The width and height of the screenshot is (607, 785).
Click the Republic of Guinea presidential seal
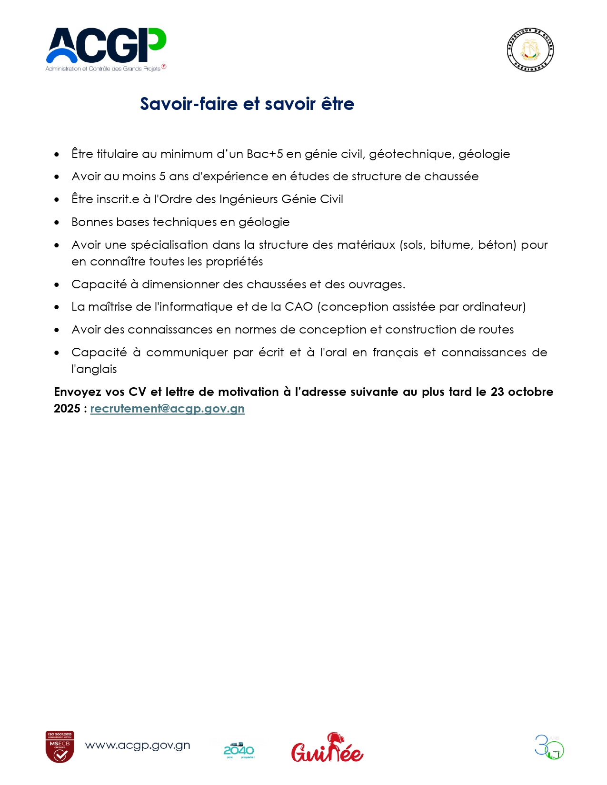coord(530,50)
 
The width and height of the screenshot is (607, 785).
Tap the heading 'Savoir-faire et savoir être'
coord(247,104)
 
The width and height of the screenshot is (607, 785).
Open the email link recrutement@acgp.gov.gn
coord(167,409)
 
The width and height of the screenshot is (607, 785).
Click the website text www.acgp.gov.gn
coord(138,746)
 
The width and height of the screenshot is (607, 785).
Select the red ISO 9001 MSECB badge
coord(60,746)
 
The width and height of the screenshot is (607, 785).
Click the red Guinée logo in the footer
coord(327,748)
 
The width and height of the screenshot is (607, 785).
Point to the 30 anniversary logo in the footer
coord(549,747)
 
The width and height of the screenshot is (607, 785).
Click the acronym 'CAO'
coord(299,307)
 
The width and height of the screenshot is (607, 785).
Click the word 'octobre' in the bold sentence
coord(530,392)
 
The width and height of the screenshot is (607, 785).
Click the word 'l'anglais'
coord(94,369)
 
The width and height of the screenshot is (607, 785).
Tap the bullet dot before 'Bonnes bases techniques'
coord(57,223)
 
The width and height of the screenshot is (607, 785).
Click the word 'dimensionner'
coord(180,285)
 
